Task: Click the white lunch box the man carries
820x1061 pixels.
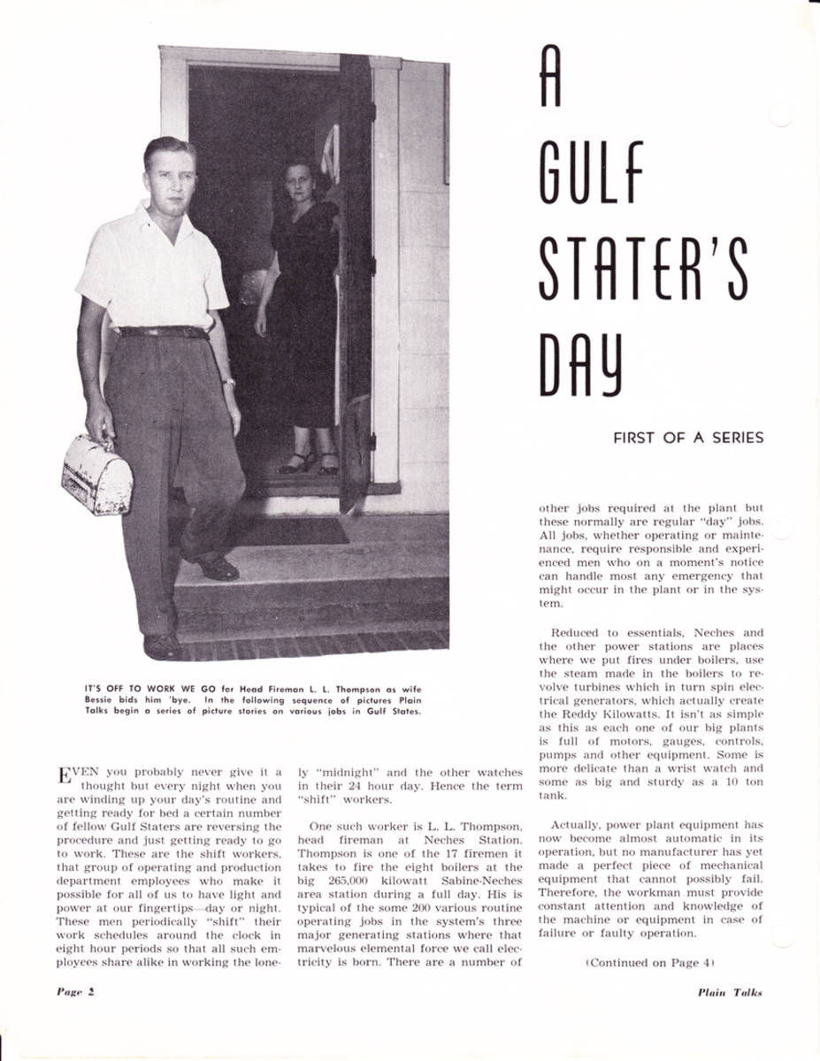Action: point(96,475)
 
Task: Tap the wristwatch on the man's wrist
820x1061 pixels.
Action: point(228,381)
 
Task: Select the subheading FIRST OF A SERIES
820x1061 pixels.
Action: point(687,438)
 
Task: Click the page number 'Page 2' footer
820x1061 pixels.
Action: point(75,991)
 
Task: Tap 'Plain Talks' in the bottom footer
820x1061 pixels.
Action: point(729,992)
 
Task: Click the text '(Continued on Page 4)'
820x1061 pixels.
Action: point(649,963)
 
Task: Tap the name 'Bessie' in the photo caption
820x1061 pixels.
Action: point(103,698)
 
